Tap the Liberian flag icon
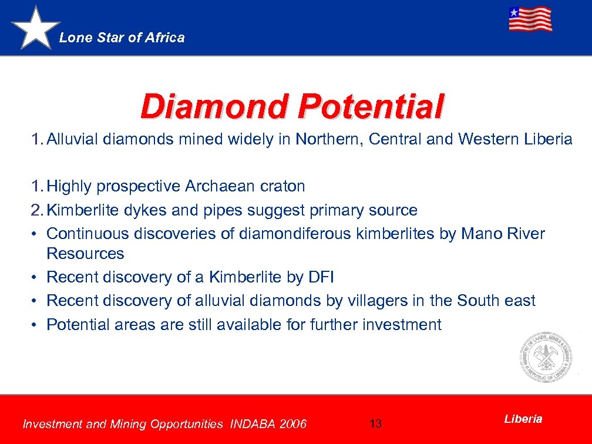click(x=530, y=19)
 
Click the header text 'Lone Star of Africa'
click(x=122, y=38)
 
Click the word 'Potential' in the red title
click(x=371, y=106)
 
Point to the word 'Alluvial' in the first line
click(x=72, y=139)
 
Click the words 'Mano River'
click(x=503, y=234)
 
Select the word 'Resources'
click(x=85, y=254)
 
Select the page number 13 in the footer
click(x=376, y=423)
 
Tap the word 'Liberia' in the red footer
click(x=523, y=419)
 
